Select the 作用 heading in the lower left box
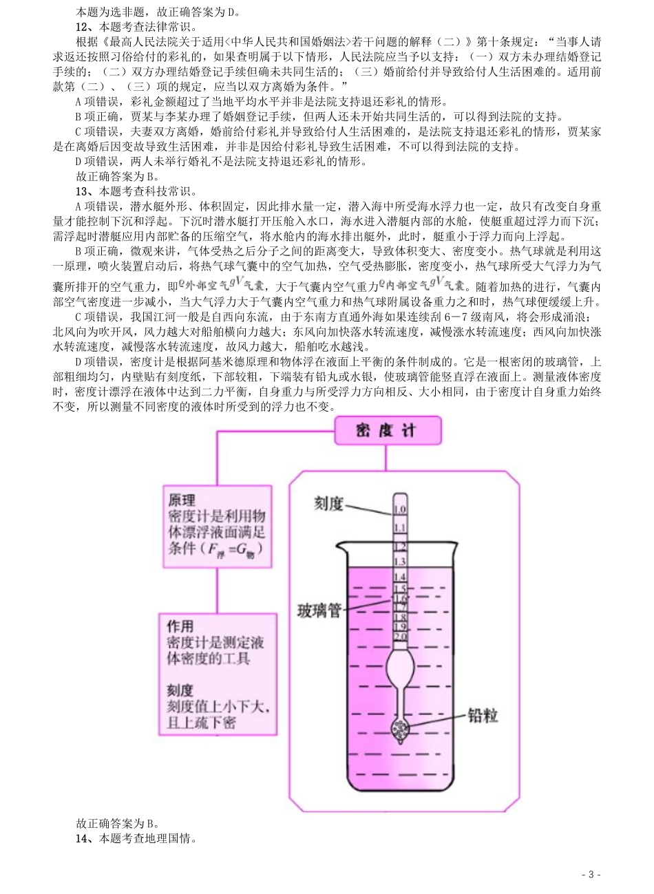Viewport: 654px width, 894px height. [x=180, y=626]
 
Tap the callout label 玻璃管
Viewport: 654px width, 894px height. [x=319, y=610]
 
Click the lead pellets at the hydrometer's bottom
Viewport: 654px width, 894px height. [x=400, y=728]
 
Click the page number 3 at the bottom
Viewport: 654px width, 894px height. [x=591, y=875]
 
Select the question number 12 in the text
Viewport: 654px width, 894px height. [x=83, y=28]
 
